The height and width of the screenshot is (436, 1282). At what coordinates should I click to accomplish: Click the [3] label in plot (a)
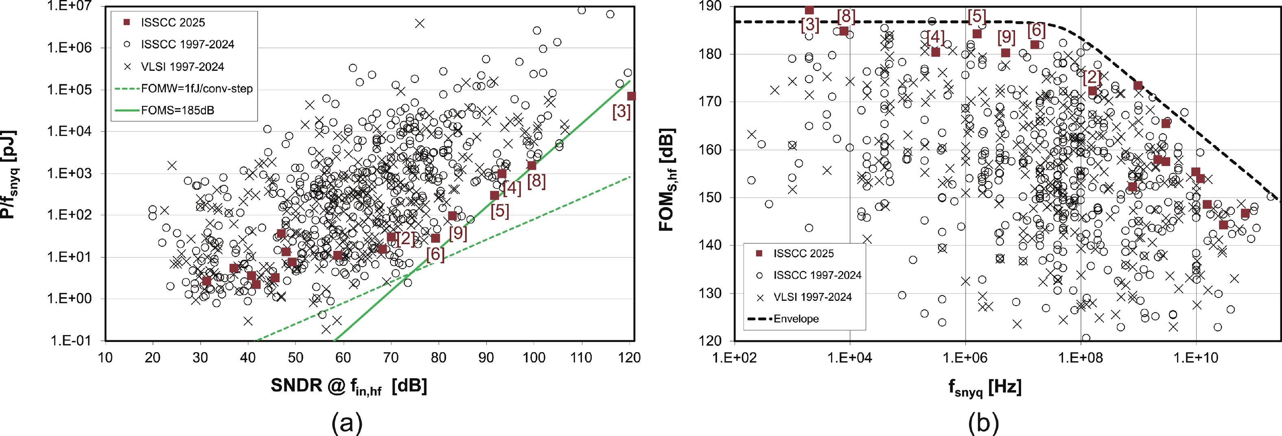point(621,112)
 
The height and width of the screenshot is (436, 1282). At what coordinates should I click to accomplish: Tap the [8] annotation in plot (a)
point(536,181)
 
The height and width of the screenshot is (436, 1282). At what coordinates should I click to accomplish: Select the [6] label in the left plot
point(435,254)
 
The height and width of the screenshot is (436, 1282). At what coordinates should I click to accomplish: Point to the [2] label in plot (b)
point(1092,77)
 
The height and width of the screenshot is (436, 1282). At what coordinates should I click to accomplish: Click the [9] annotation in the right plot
point(1006,37)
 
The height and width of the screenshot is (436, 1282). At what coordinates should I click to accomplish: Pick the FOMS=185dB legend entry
point(177,110)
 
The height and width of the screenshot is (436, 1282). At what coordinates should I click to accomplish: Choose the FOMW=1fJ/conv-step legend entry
point(197,89)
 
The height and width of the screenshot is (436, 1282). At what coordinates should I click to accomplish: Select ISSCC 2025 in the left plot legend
point(173,22)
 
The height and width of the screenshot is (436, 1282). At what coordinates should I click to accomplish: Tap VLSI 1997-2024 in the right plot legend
point(812,297)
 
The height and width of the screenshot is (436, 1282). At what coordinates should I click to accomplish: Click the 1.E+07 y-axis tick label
point(69,7)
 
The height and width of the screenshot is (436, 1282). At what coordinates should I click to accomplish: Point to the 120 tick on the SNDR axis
point(629,357)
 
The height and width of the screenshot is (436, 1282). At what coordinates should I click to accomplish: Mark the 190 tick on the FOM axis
point(710,7)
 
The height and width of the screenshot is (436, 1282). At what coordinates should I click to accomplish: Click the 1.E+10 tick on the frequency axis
point(1195,357)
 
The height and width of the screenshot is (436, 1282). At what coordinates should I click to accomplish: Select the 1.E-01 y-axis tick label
point(71,341)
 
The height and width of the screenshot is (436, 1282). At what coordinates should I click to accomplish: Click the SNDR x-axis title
point(348,386)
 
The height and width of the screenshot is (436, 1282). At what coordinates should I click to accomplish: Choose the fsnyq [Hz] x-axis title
point(984,387)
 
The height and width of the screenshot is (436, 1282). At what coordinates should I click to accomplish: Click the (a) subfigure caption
point(347,423)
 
